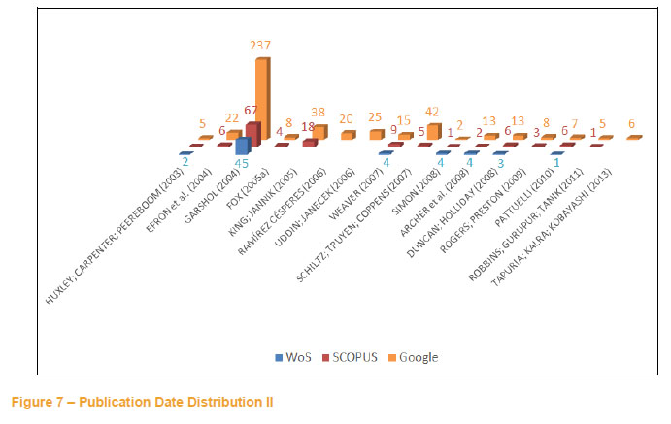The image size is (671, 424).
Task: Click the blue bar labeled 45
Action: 243,146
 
